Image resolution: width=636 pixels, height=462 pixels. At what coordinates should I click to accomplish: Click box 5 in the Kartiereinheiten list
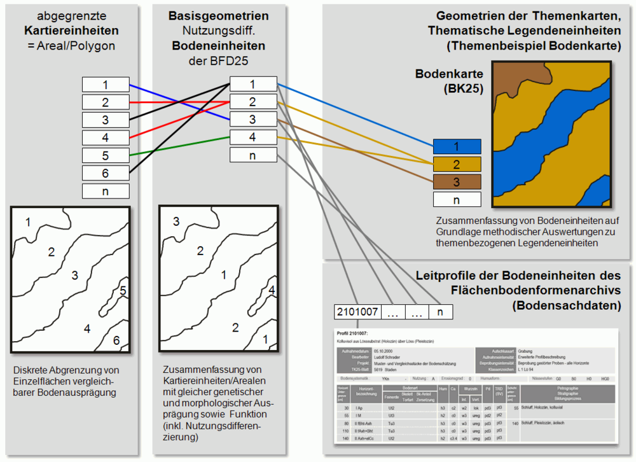[106, 155]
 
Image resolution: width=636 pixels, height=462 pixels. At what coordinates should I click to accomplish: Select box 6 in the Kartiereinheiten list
[106, 173]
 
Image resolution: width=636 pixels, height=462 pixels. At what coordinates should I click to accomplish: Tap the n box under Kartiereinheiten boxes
[106, 191]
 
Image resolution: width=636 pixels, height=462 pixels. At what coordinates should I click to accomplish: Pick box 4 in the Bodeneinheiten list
[252, 137]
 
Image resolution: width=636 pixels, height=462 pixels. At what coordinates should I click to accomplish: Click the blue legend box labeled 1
[456, 146]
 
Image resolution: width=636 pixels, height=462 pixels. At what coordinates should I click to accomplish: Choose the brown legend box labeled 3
[456, 182]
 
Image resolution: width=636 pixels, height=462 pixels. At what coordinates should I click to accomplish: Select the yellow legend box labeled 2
[456, 164]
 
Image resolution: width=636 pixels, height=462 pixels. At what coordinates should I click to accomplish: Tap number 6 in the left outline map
[116, 340]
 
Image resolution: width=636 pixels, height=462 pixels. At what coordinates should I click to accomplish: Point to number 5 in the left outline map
[123, 291]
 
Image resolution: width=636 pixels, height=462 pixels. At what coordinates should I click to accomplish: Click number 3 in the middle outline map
[176, 221]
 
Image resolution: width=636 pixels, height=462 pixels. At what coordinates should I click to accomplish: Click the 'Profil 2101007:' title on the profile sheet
[354, 333]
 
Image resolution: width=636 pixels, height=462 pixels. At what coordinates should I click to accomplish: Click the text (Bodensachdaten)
[566, 305]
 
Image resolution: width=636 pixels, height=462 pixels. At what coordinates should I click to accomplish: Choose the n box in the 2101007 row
[440, 312]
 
